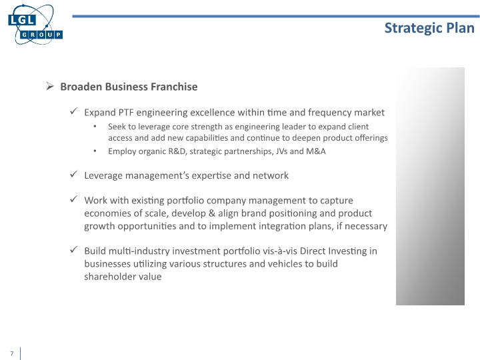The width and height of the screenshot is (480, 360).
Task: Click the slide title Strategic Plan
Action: [429, 27]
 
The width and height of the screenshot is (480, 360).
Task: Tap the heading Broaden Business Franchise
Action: [129, 87]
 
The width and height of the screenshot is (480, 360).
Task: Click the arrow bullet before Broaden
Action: [49, 87]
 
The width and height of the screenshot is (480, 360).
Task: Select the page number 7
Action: [11, 353]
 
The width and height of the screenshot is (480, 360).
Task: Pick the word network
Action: [270, 175]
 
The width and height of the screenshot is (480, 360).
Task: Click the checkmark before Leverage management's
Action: [74, 175]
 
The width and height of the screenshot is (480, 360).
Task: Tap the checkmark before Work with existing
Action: [74, 200]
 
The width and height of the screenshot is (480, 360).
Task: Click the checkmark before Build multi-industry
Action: [74, 251]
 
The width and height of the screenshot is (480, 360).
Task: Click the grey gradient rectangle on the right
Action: [430, 186]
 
